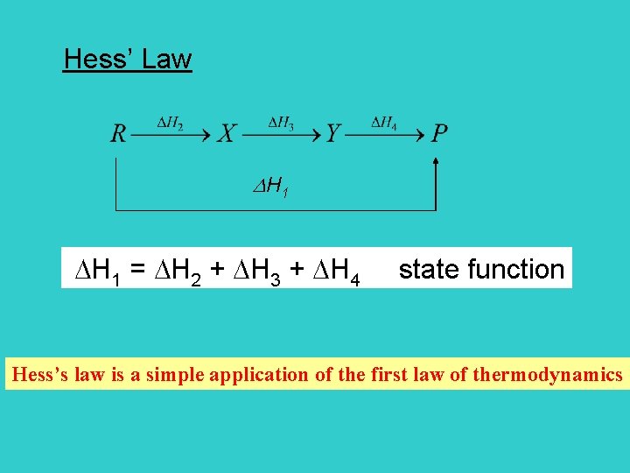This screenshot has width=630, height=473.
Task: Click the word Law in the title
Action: pyautogui.click(x=166, y=60)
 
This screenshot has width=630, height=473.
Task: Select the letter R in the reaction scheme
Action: pyautogui.click(x=118, y=134)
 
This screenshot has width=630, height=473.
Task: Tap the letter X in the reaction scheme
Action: pyautogui.click(x=226, y=134)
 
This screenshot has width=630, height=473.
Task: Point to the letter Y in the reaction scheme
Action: pyautogui.click(x=332, y=134)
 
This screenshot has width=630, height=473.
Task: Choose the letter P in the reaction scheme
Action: pyautogui.click(x=440, y=134)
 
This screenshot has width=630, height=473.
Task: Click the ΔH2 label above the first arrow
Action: pyautogui.click(x=170, y=123)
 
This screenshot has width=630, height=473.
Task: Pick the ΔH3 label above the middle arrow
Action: pyautogui.click(x=280, y=123)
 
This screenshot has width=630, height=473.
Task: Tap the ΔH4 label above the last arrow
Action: pyautogui.click(x=385, y=123)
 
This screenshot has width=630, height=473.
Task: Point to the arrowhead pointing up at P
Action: pyautogui.click(x=436, y=161)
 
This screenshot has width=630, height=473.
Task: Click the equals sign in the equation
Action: pyautogui.click(x=137, y=271)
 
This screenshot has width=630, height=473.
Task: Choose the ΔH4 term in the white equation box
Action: pyautogui.click(x=332, y=271)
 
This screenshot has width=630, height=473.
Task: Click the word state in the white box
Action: pyautogui.click(x=430, y=269)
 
